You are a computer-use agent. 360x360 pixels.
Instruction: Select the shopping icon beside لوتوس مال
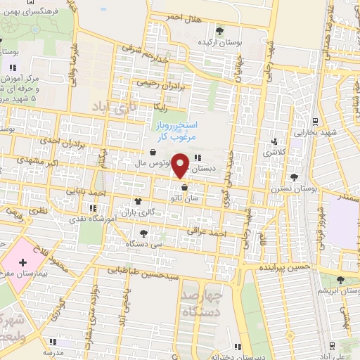pyautogui.click(x=153, y=151)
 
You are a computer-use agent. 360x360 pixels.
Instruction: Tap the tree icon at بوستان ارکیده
pyautogui.click(x=220, y=30)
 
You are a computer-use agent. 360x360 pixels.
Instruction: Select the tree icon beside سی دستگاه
pyautogui.click(x=144, y=233)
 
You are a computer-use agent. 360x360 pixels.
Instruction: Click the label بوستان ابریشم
pyautogui.click(x=334, y=291)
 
